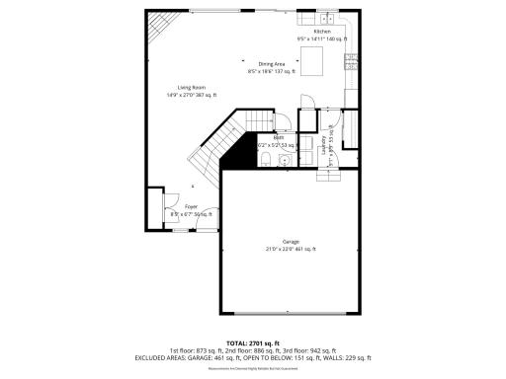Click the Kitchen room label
322,32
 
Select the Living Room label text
178,87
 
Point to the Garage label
291,241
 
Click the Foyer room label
191,206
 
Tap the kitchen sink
327,17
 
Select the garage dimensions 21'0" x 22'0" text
291,249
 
